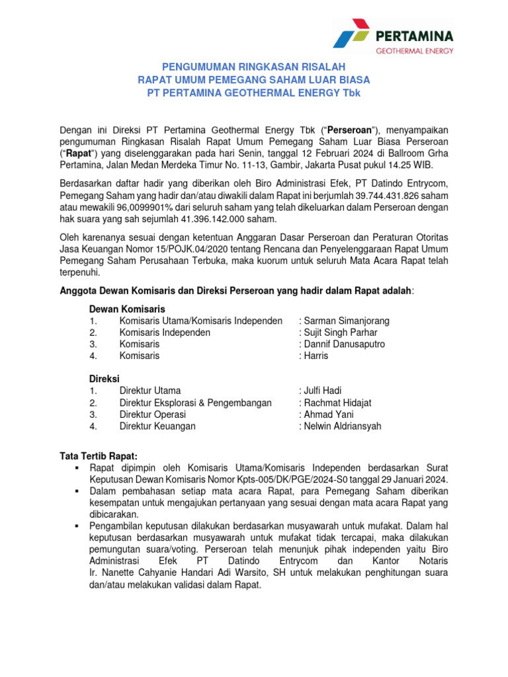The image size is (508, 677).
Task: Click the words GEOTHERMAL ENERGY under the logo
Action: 413,50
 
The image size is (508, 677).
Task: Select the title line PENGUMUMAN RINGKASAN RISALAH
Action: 254,67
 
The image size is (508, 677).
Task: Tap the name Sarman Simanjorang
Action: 346,321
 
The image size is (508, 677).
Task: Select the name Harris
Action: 316,356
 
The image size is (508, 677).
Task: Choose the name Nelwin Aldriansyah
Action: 342,426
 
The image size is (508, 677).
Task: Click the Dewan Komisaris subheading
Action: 127,309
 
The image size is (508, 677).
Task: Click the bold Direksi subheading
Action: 104,379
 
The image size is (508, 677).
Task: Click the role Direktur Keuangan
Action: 157,426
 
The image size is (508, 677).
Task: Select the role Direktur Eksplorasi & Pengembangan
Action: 195,403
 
